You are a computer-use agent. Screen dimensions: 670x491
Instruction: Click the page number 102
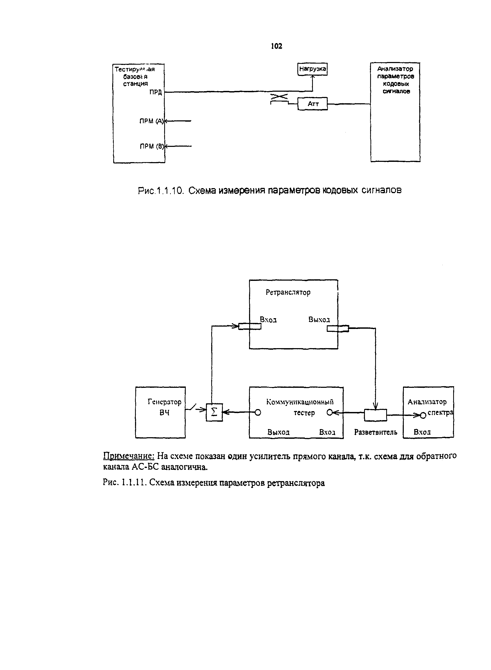click(276, 46)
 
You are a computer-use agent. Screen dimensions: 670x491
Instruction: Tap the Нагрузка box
click(312, 69)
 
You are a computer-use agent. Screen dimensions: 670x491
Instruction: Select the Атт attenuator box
click(312, 104)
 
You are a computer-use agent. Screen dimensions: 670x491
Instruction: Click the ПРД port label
click(156, 92)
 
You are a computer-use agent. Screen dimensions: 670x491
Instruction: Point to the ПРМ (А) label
click(151, 121)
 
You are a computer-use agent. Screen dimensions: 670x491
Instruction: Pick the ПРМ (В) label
click(152, 146)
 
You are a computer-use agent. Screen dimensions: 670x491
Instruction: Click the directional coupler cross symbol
click(279, 97)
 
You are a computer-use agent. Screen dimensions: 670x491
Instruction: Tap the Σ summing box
click(214, 413)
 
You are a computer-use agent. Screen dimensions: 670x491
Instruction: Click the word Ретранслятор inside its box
click(288, 292)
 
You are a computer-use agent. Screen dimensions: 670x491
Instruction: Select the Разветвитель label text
click(376, 432)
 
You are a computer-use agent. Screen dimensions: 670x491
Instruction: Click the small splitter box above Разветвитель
click(376, 415)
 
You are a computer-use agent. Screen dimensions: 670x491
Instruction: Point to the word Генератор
click(164, 402)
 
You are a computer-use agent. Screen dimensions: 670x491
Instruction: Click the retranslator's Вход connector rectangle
click(250, 326)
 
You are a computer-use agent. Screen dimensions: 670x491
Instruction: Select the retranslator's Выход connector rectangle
click(338, 328)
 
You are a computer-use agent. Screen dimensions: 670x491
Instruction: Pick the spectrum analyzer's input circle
click(423, 415)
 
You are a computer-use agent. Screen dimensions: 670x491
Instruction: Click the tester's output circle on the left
click(258, 413)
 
